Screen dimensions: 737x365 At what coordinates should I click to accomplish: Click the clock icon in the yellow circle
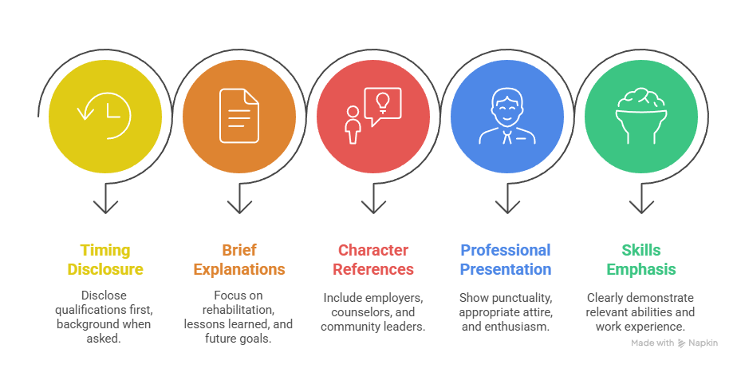point(104,116)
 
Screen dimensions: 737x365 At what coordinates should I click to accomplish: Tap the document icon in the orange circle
point(238,116)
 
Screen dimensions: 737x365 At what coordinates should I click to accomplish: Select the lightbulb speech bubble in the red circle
point(383,107)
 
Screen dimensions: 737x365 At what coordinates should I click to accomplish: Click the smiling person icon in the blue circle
point(506,116)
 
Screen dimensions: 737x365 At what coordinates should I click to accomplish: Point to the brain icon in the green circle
point(641,116)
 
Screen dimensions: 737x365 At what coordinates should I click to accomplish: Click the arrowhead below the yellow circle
point(105,207)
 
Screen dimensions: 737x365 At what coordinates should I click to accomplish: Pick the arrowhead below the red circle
point(373,207)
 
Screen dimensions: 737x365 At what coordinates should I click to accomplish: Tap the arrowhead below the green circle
point(641,207)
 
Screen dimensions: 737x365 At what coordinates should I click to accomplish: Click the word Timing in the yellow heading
point(104,251)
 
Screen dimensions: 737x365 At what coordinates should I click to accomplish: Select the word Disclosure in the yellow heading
point(105,269)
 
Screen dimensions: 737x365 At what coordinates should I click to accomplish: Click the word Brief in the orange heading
point(239,250)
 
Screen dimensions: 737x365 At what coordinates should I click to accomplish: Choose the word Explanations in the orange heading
point(239,270)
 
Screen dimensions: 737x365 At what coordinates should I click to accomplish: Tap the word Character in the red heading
point(373,250)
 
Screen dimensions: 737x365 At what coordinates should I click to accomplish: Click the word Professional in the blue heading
point(505,250)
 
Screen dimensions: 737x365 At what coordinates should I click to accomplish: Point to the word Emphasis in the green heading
point(641,270)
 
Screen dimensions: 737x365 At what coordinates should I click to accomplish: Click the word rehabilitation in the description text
point(238,310)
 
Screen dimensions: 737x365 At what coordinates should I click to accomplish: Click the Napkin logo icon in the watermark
point(681,343)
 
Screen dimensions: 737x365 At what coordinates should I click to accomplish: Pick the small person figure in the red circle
point(352,125)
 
